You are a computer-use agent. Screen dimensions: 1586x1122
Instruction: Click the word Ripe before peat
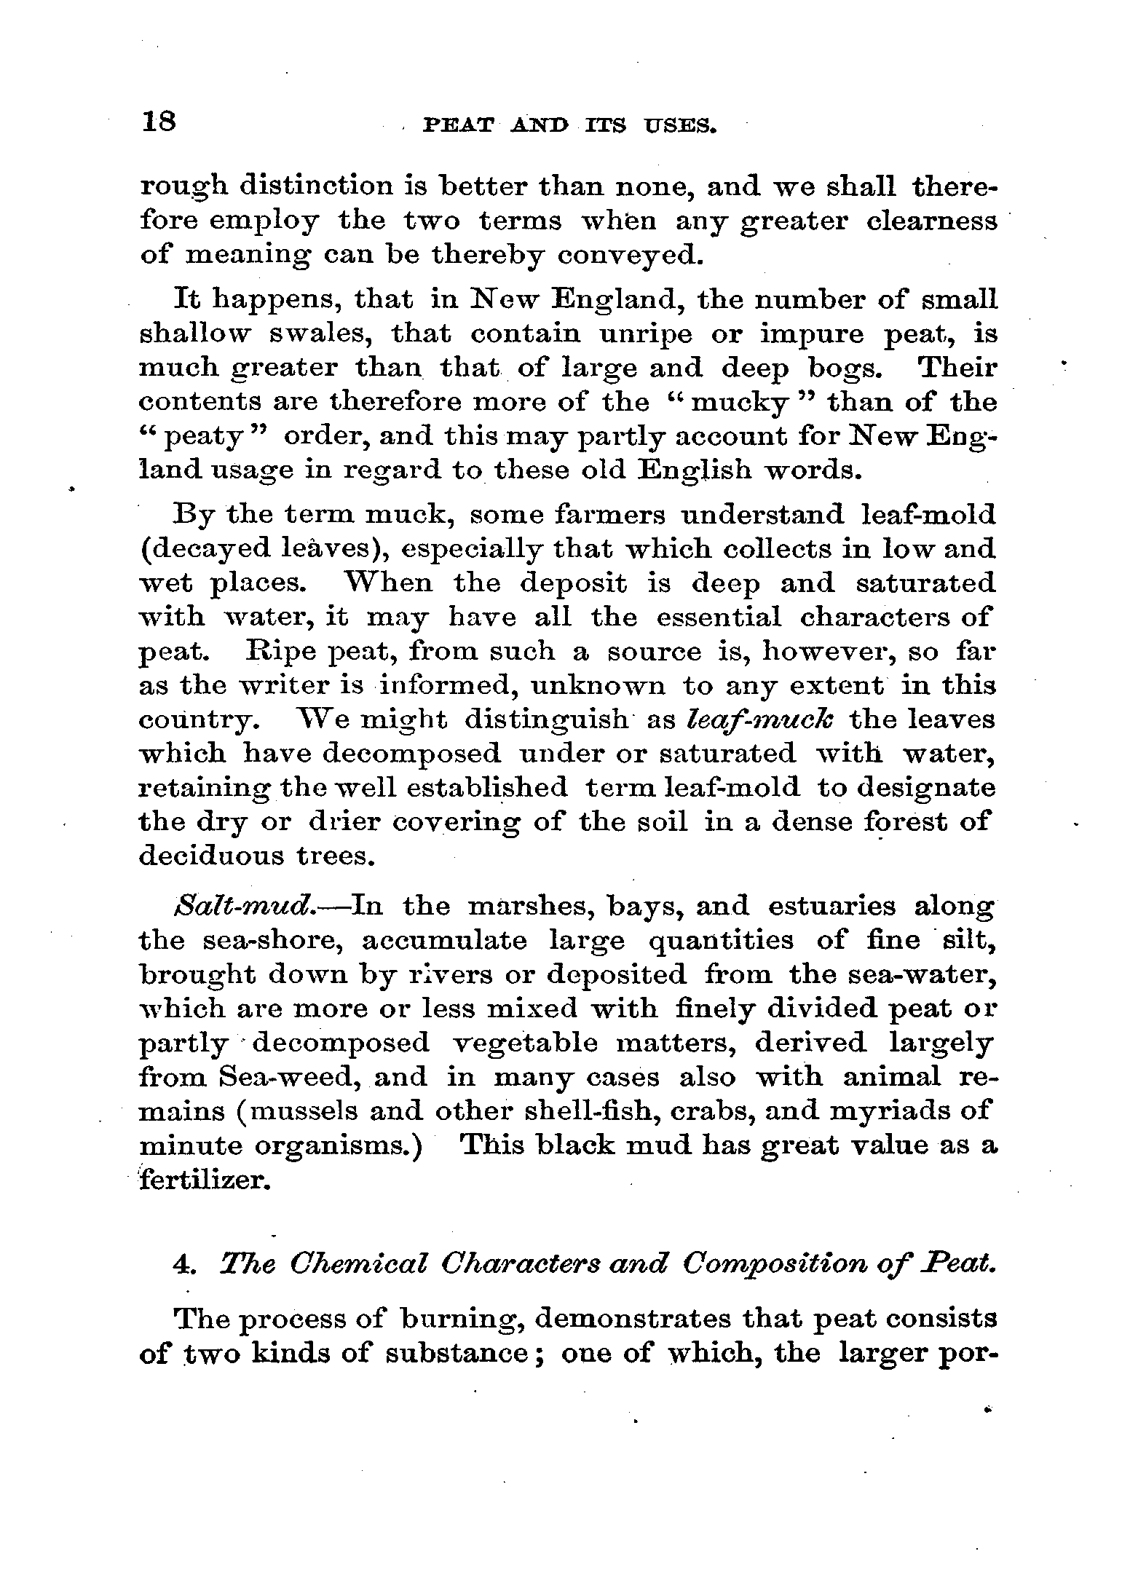(x=279, y=651)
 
